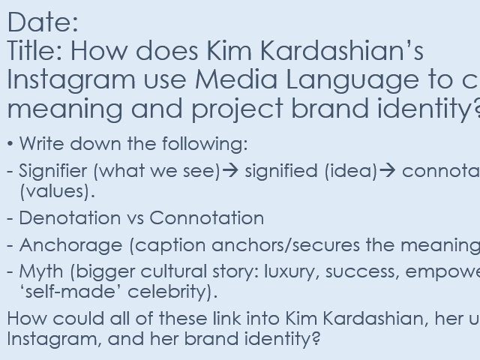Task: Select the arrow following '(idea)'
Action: [x=388, y=171]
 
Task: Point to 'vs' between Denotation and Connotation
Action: [x=131, y=218]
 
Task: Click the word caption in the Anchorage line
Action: [x=167, y=246]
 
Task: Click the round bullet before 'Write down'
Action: [x=10, y=144]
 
